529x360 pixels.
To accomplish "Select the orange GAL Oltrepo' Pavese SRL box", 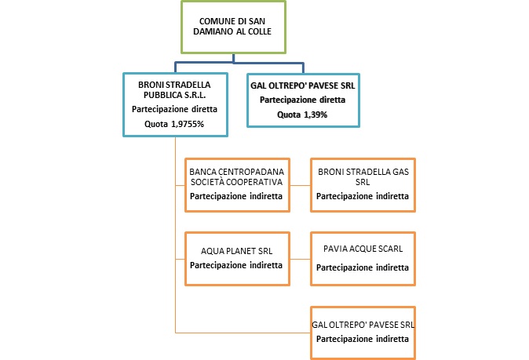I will click(362, 331).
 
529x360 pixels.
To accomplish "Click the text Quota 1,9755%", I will click(175, 124).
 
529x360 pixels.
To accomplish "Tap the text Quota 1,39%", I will click(297, 115).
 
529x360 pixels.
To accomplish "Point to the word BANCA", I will click(202, 171).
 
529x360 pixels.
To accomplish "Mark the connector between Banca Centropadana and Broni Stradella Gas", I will click(299, 189).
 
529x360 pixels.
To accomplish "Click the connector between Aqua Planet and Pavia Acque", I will click(299, 259).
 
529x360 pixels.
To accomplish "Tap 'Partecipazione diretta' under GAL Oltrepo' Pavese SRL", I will click(297, 100).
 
